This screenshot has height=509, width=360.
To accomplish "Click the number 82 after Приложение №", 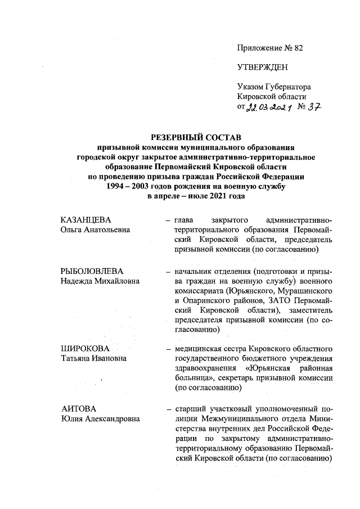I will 298,48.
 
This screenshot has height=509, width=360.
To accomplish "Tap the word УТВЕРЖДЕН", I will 262,67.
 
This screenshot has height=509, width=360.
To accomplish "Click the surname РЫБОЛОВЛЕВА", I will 92,272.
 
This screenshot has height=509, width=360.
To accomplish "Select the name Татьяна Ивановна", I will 93,359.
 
